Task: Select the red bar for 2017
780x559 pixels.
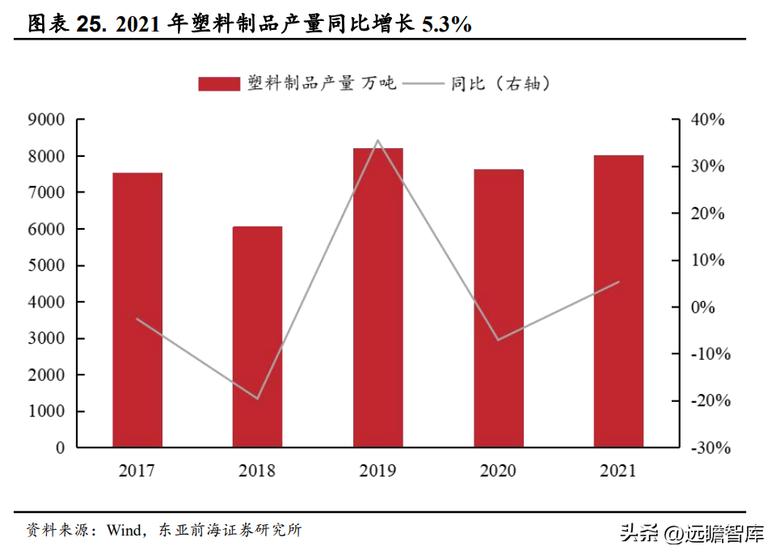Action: coord(137,310)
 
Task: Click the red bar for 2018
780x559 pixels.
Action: coord(258,337)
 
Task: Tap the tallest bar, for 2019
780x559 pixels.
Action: coord(378,298)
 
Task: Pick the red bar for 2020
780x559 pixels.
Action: coord(499,308)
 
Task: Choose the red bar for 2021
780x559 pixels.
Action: coord(619,301)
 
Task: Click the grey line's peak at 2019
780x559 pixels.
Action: coord(378,141)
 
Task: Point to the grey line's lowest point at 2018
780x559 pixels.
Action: coord(258,399)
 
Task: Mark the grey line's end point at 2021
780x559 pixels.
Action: coord(619,282)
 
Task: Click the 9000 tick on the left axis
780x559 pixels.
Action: coord(48,120)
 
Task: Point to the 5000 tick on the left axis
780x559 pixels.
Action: coord(48,265)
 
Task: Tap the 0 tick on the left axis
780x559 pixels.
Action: coord(60,447)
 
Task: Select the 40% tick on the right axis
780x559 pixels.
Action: coord(708,120)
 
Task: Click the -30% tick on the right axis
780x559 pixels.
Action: coord(708,447)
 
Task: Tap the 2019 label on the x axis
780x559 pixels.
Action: coord(378,471)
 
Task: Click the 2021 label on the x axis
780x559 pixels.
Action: coord(619,471)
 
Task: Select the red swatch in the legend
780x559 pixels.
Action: coord(219,83)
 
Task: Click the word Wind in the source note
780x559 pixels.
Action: coord(119,531)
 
